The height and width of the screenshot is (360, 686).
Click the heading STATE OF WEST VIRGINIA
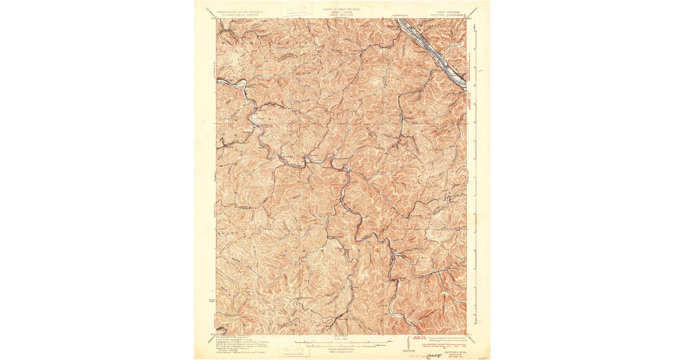pos(342,10)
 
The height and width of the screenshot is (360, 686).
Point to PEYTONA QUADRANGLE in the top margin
pos(447,14)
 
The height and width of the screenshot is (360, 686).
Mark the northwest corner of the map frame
pos(217,18)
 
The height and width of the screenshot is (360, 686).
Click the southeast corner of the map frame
pos(467,334)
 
